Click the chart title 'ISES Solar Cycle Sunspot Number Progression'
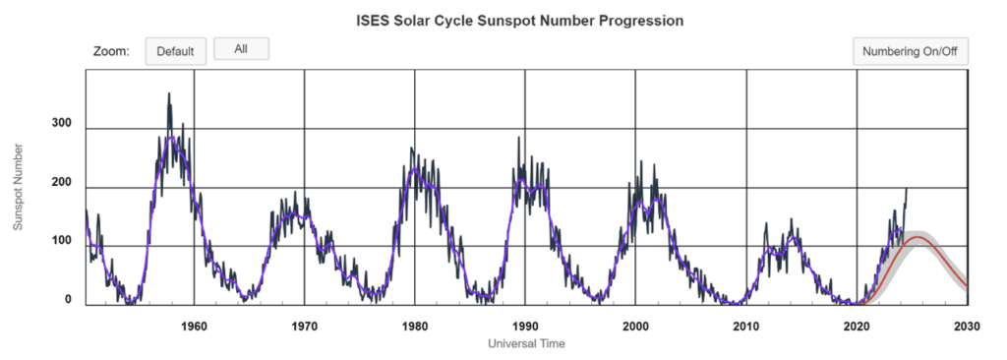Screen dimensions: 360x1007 coord(519,20)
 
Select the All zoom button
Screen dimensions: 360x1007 coord(241,49)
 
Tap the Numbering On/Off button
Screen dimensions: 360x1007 coord(910,51)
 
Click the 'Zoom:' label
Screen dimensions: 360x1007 coord(111,51)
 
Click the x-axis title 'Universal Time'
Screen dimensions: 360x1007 coord(526,343)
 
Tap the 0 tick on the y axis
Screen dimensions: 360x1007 coord(68,300)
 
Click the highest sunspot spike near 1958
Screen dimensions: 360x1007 coord(169,94)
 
